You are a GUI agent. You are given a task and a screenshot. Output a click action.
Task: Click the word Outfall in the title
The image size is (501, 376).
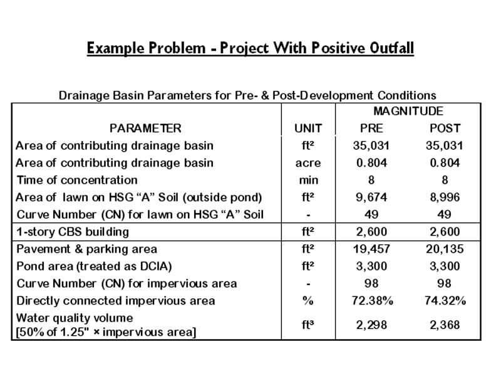383,48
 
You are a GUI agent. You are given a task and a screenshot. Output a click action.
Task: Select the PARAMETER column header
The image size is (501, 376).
145,128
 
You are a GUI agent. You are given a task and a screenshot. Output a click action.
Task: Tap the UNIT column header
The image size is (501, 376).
308,128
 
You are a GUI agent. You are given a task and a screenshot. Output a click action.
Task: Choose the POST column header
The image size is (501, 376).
445,128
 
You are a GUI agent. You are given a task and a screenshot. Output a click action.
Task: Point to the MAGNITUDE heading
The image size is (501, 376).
408,112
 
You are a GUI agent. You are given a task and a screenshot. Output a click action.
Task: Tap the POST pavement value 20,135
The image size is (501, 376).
445,249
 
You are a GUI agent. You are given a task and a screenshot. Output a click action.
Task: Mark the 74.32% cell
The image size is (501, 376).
445,301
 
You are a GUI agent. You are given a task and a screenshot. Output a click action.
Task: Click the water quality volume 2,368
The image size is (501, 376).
445,325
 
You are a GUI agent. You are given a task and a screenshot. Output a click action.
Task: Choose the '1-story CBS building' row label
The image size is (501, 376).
72,232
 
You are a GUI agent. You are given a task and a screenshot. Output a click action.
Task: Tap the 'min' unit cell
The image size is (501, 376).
308,180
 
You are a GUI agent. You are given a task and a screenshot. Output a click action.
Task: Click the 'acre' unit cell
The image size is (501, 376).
308,163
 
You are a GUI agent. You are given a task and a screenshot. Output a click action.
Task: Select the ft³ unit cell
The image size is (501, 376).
308,325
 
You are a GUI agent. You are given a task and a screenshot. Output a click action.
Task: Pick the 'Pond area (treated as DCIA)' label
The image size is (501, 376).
93,266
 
